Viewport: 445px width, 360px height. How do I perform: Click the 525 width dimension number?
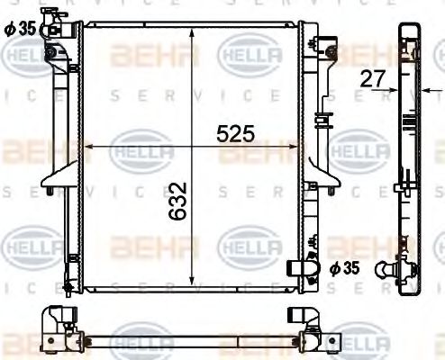point(236,134)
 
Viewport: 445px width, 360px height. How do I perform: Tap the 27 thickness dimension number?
point(371,78)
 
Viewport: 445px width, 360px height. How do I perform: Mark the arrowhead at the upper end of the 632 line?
point(192,33)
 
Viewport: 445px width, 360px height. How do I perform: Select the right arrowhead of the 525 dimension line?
point(298,147)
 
